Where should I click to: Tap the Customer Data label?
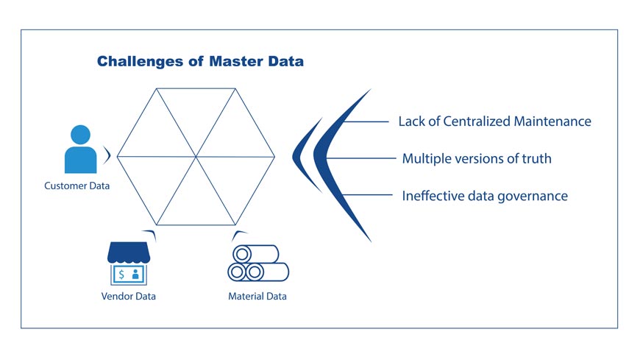point(77,186)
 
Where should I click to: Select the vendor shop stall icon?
point(129,264)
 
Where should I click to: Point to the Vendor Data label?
point(129,296)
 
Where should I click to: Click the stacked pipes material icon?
point(257,263)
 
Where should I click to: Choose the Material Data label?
point(257,296)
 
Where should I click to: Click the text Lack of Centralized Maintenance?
point(494,121)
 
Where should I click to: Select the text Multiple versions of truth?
point(476,158)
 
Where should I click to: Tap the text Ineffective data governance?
point(485,197)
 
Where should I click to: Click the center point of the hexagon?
point(196,156)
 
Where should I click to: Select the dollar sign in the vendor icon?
point(121,275)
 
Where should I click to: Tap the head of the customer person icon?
point(80,135)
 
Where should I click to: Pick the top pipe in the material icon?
point(255,253)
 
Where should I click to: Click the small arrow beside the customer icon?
point(108,155)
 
